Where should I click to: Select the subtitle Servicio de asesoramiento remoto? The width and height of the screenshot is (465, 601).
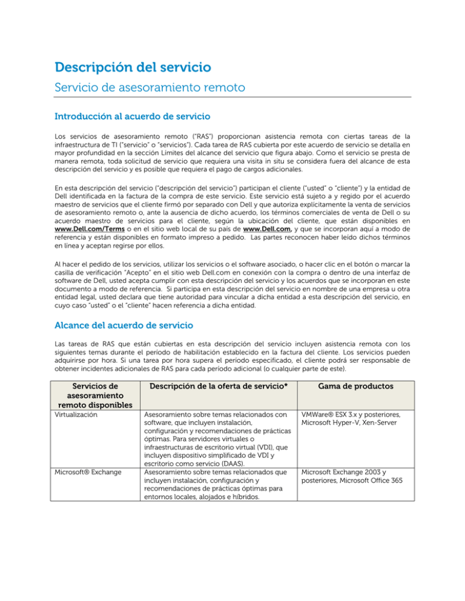(x=149, y=88)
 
